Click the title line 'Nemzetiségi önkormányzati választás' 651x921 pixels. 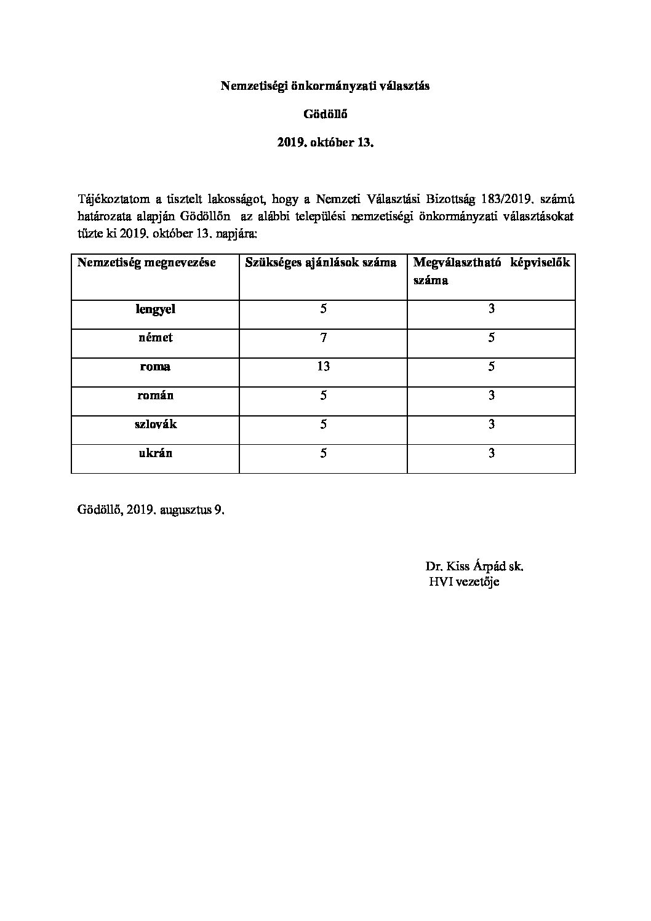pos(325,87)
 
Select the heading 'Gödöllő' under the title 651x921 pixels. pos(325,115)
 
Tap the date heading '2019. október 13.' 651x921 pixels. pos(325,143)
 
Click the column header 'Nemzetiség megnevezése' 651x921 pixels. pos(146,263)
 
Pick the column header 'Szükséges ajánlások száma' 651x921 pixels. pos(321,263)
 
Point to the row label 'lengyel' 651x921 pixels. pos(155,309)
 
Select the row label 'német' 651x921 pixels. pos(155,338)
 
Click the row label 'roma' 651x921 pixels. pos(155,367)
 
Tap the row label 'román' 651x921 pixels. pos(155,395)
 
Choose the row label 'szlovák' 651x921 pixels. pos(155,424)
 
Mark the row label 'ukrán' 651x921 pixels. pos(155,453)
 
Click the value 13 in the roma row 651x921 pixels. pos(323,367)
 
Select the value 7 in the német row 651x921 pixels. pos(323,338)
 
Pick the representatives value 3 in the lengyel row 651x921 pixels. pos(491,309)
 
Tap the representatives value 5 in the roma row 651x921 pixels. pos(491,367)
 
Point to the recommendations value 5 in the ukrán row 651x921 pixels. pos(323,453)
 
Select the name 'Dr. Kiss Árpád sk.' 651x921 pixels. pos(474,567)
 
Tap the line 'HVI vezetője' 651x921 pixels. pos(464,582)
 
